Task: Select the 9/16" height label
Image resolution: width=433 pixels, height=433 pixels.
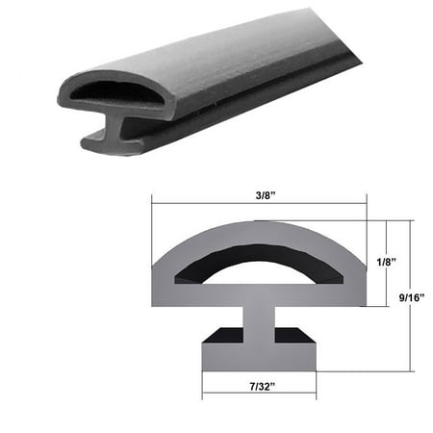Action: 413,296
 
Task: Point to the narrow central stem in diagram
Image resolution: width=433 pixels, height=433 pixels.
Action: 258,327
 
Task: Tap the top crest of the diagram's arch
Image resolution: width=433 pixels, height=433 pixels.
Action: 257,224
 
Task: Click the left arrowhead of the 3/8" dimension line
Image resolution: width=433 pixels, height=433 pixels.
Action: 155,202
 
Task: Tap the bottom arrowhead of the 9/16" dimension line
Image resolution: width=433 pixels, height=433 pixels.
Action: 410,370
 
